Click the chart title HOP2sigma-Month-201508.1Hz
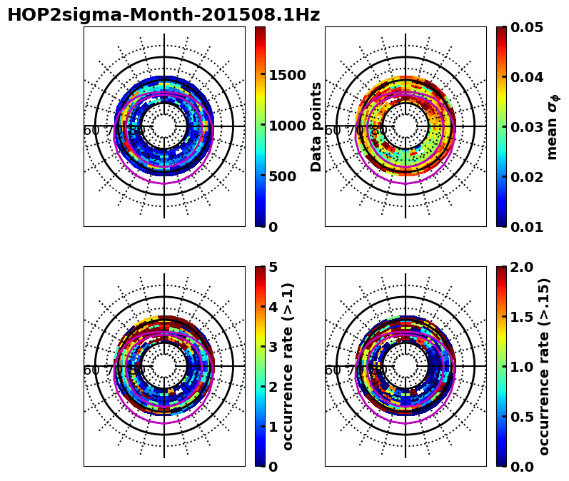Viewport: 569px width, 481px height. click(x=163, y=15)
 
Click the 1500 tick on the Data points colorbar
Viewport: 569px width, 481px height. click(x=287, y=75)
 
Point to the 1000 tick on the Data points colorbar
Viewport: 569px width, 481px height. click(x=287, y=126)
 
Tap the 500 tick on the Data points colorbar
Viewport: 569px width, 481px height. click(x=283, y=176)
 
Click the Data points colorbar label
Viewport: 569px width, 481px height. click(x=317, y=126)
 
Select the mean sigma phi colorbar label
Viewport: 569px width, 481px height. click(x=552, y=126)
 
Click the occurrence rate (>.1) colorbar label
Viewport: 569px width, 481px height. click(x=288, y=366)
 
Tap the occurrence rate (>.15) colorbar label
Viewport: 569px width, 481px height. click(x=544, y=366)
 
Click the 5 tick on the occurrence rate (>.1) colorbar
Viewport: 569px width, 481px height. click(x=273, y=267)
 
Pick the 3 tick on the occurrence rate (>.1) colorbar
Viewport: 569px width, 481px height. click(x=273, y=347)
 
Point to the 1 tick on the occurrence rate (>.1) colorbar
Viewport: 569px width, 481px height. click(x=273, y=427)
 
